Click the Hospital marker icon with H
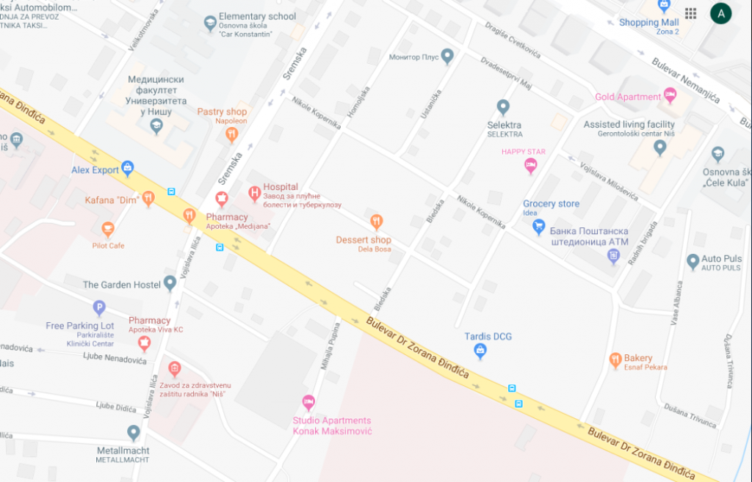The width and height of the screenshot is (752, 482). [255, 194]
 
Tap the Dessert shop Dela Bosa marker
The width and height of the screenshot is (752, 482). [376, 221]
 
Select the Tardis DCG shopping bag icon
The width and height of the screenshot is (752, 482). [480, 351]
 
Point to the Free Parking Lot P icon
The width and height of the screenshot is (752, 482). [99, 309]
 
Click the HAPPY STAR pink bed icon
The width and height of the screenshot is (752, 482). [530, 167]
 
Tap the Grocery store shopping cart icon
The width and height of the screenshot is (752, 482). [539, 227]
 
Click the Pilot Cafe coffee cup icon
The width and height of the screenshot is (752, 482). [108, 230]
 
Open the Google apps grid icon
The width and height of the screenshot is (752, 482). [690, 13]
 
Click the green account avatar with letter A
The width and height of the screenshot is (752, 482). [720, 13]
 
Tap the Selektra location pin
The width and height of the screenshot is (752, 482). [503, 108]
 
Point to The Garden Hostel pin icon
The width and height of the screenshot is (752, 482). [170, 282]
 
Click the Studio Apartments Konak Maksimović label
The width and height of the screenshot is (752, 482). [332, 426]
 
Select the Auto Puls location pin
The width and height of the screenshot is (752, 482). [693, 261]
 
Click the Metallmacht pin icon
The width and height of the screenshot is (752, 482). [133, 433]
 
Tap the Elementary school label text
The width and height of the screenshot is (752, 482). [257, 16]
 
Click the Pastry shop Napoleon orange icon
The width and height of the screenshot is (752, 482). [232, 134]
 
